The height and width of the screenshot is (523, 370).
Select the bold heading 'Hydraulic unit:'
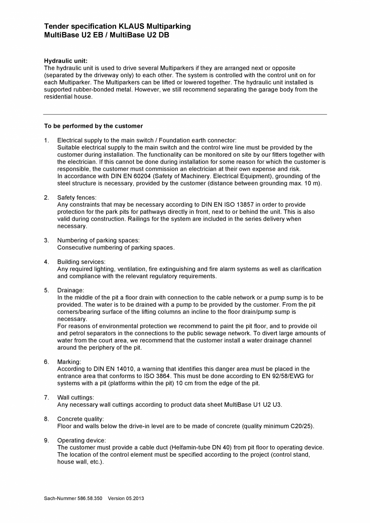pos(66,61)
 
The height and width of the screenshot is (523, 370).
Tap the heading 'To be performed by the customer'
pos(93,126)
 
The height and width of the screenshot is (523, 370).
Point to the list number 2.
pos(47,197)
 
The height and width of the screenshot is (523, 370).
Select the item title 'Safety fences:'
pos(77,197)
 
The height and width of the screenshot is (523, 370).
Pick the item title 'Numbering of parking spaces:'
pos(99,240)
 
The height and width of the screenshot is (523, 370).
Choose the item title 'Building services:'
pos(81,262)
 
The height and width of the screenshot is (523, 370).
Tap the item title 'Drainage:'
pos(71,290)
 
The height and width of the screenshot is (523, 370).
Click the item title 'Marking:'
pos(69,362)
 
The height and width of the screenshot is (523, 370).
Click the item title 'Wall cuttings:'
pos(76,398)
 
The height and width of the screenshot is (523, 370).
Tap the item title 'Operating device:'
pos(82,440)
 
